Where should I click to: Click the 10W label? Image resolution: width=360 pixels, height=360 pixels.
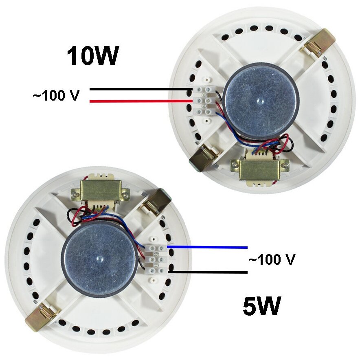point(93,56)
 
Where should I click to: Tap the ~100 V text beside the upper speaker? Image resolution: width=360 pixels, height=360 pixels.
point(56,96)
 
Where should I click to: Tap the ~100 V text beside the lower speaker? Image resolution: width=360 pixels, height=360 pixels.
point(271,259)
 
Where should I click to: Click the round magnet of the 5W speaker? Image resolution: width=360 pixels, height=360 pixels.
point(99,258)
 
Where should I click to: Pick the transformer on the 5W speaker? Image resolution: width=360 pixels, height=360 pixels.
point(100,190)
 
